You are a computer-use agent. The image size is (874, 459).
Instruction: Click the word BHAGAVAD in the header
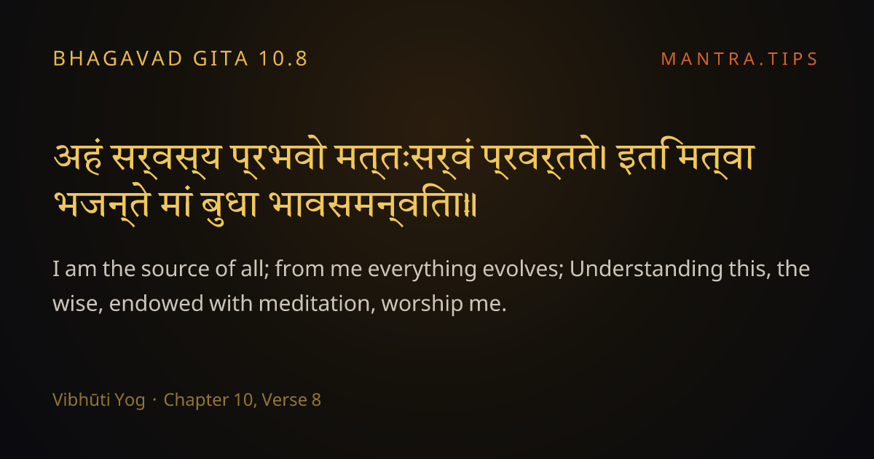click(x=118, y=59)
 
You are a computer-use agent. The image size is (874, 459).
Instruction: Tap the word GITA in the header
click(x=221, y=59)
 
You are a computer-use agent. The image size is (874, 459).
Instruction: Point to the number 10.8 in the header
click(x=283, y=59)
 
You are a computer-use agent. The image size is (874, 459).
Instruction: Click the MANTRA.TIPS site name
click(x=739, y=59)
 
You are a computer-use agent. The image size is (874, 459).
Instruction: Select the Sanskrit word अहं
click(x=78, y=158)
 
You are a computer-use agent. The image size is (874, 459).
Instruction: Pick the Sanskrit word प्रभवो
click(x=277, y=158)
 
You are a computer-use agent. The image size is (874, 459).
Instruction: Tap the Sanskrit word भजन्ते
click(x=101, y=205)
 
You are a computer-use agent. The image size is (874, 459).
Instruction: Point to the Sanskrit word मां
click(x=176, y=204)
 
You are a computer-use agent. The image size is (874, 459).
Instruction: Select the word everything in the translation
click(x=422, y=270)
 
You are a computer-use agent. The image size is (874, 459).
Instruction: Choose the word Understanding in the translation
click(x=646, y=270)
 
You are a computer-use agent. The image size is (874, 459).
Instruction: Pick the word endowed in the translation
click(x=156, y=304)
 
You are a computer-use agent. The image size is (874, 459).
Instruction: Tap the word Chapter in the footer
click(x=196, y=401)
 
